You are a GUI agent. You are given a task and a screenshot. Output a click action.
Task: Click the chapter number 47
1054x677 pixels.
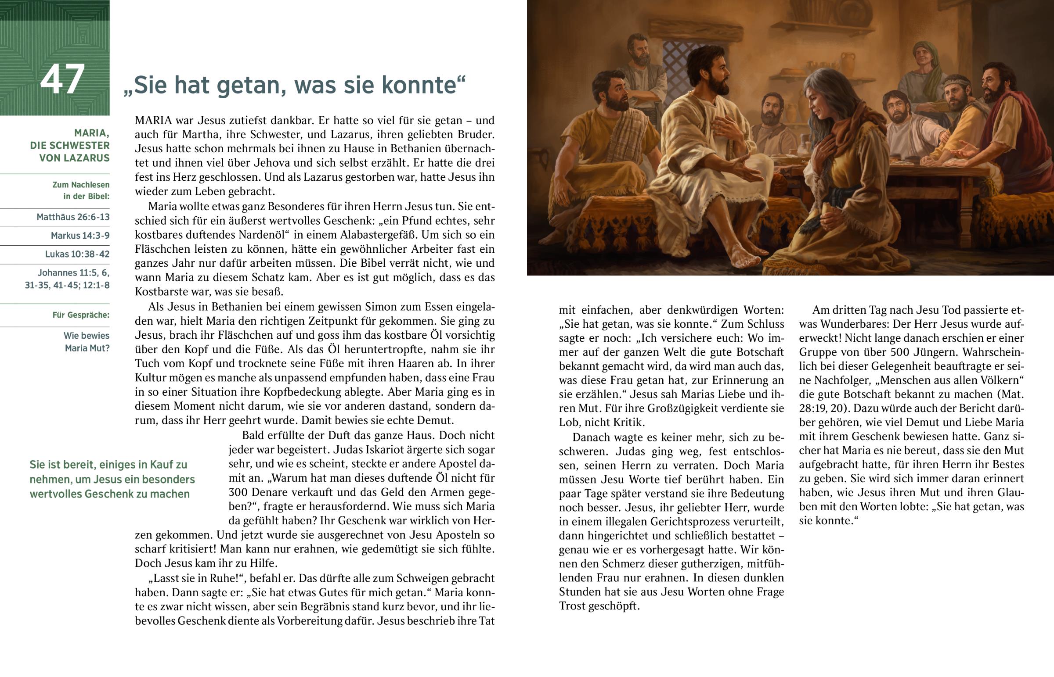click(x=62, y=80)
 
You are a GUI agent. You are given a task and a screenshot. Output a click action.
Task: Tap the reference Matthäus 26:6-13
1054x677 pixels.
click(x=73, y=217)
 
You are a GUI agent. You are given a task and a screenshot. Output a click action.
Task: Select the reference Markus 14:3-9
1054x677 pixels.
click(x=80, y=236)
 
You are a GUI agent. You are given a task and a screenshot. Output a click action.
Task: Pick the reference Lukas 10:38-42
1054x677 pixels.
click(x=77, y=254)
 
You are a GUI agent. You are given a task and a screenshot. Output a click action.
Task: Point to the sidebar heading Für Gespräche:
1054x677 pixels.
click(x=81, y=315)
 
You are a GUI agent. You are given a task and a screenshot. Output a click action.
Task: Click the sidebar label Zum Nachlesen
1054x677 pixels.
click(x=81, y=185)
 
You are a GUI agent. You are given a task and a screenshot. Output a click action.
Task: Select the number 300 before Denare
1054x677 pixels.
click(x=238, y=492)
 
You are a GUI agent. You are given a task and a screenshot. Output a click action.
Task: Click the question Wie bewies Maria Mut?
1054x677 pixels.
click(x=87, y=342)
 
